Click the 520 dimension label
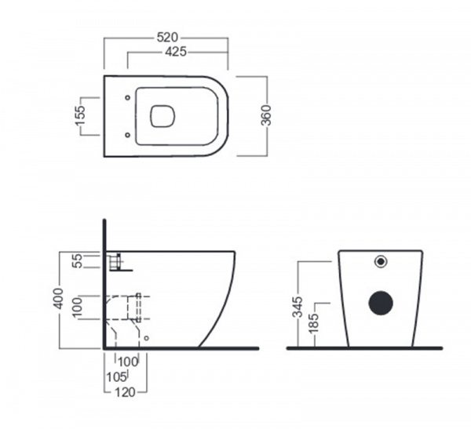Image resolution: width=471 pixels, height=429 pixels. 168,38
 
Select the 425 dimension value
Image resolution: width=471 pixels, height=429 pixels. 176,52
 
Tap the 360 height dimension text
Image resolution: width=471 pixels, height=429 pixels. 266,115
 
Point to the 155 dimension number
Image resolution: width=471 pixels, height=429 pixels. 81,115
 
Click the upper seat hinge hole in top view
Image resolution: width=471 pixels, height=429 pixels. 127,97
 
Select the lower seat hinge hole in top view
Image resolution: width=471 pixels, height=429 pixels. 127,135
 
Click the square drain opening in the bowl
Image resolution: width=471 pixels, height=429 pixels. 162,116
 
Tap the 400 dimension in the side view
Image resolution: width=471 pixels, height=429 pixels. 58,298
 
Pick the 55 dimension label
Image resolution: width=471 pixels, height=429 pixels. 78,260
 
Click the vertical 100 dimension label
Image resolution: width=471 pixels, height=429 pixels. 77,307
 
